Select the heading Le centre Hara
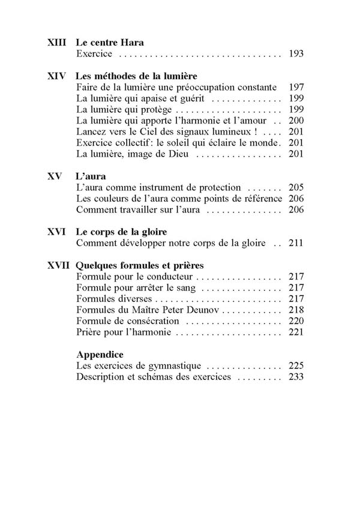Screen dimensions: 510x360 (x=110, y=43)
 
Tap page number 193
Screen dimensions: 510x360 (x=296, y=54)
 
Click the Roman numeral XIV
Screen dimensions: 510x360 (x=56, y=77)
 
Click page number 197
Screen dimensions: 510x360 (x=296, y=88)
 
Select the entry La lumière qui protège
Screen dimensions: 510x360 (x=125, y=110)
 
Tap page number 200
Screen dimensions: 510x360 (x=296, y=121)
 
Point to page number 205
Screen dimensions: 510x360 (x=296, y=187)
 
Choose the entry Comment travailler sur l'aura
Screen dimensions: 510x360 (x=139, y=209)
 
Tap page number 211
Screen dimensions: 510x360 (x=296, y=243)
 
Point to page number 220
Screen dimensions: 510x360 (x=296, y=321)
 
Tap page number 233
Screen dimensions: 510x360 (x=296, y=377)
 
